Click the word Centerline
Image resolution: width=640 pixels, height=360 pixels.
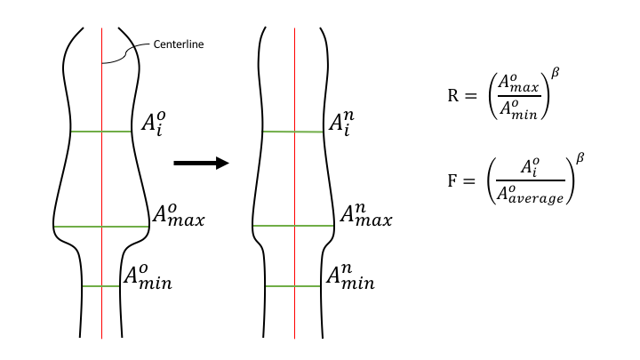(179, 44)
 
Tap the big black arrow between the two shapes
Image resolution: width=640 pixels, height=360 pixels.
(201, 163)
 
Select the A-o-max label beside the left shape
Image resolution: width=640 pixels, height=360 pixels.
(179, 215)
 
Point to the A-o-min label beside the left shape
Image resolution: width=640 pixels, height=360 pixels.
(148, 277)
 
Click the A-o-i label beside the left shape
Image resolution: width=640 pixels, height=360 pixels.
(154, 124)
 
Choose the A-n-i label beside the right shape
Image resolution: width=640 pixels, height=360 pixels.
(341, 124)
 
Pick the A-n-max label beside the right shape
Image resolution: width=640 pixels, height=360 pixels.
(365, 215)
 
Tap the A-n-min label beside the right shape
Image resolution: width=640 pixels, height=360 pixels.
(350, 277)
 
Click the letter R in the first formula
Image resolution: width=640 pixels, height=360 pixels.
(453, 96)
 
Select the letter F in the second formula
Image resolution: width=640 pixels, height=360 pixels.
(452, 180)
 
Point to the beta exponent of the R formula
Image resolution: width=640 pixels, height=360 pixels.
(555, 73)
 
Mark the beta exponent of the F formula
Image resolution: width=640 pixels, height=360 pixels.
(580, 157)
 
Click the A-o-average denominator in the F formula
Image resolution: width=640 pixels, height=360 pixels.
(530, 194)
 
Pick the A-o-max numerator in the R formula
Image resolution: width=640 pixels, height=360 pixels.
(518, 84)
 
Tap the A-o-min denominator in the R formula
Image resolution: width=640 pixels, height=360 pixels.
(518, 109)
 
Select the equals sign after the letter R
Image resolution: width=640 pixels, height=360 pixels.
(470, 96)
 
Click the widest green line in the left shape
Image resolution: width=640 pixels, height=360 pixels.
(101, 227)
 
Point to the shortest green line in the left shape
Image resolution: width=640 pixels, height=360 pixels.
(100, 286)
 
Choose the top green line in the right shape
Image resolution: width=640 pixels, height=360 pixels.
(293, 132)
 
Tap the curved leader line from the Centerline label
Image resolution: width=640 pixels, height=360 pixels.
(125, 52)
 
